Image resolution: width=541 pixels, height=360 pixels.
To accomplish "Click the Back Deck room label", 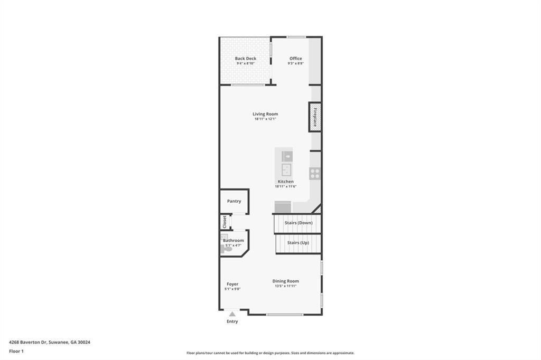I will pyautogui.click(x=245, y=59).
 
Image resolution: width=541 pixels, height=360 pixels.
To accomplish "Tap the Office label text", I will pyautogui.click(x=295, y=59).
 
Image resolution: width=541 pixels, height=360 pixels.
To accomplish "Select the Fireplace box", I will pyautogui.click(x=315, y=117).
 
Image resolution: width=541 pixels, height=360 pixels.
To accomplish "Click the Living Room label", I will pyautogui.click(x=265, y=114).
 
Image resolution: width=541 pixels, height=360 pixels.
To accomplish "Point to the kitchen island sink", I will pyautogui.click(x=286, y=169).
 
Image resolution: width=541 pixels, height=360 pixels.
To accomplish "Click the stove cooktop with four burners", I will pyautogui.click(x=315, y=173).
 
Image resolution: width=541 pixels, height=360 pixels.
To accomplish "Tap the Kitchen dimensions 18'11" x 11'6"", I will pyautogui.click(x=285, y=186).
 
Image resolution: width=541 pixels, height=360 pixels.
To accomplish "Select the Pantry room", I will pyautogui.click(x=234, y=201).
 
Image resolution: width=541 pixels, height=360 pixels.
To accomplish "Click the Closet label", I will pyautogui.click(x=225, y=222).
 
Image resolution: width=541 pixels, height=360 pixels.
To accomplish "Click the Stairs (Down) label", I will pyautogui.click(x=299, y=223).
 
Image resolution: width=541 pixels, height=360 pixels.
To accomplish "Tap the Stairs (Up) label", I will pyautogui.click(x=298, y=243).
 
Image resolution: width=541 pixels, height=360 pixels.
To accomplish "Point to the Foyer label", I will pyautogui.click(x=232, y=284).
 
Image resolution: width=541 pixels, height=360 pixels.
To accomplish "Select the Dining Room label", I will pyautogui.click(x=285, y=281).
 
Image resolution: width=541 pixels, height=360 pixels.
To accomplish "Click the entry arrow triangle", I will pyautogui.click(x=232, y=314).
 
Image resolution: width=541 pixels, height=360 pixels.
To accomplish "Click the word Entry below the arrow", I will pyautogui.click(x=232, y=321).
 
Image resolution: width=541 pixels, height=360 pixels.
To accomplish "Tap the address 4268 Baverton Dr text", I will pyautogui.click(x=50, y=342).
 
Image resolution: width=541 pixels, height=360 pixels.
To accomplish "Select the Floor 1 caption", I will pyautogui.click(x=17, y=351).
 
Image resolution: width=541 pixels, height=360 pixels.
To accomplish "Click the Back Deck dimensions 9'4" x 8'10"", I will pyautogui.click(x=245, y=64).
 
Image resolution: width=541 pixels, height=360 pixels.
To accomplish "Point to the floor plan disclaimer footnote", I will pyautogui.click(x=270, y=353).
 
